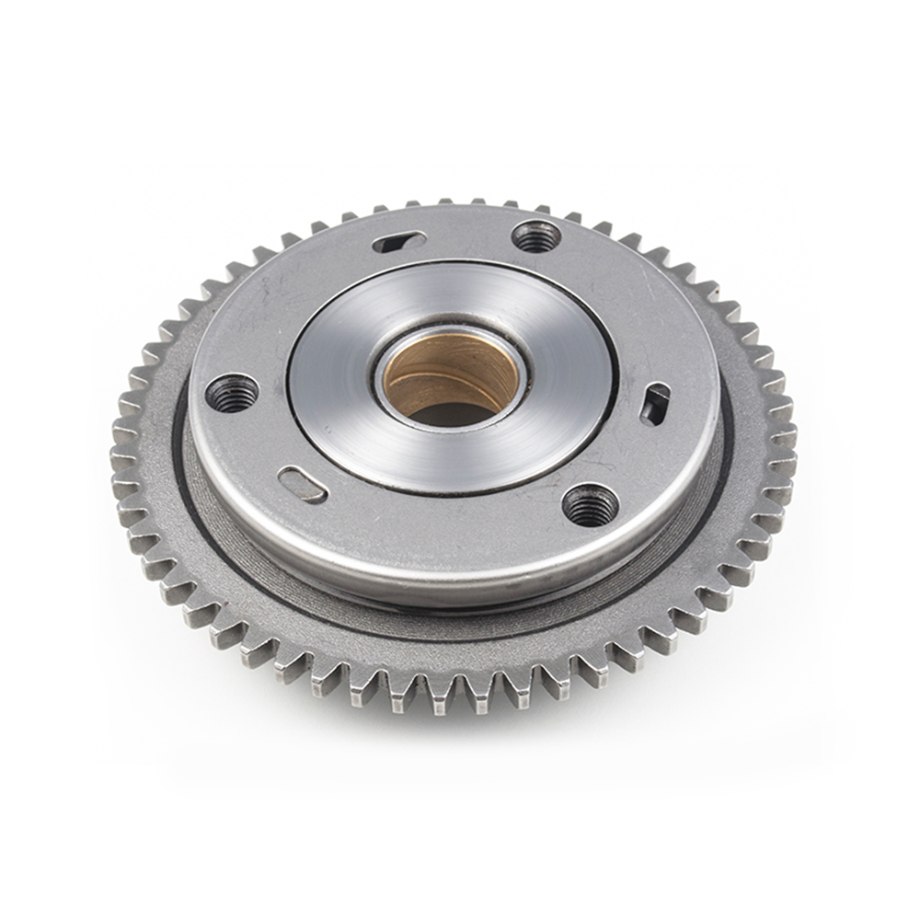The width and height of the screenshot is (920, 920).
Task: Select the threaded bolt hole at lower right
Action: click(x=590, y=504)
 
